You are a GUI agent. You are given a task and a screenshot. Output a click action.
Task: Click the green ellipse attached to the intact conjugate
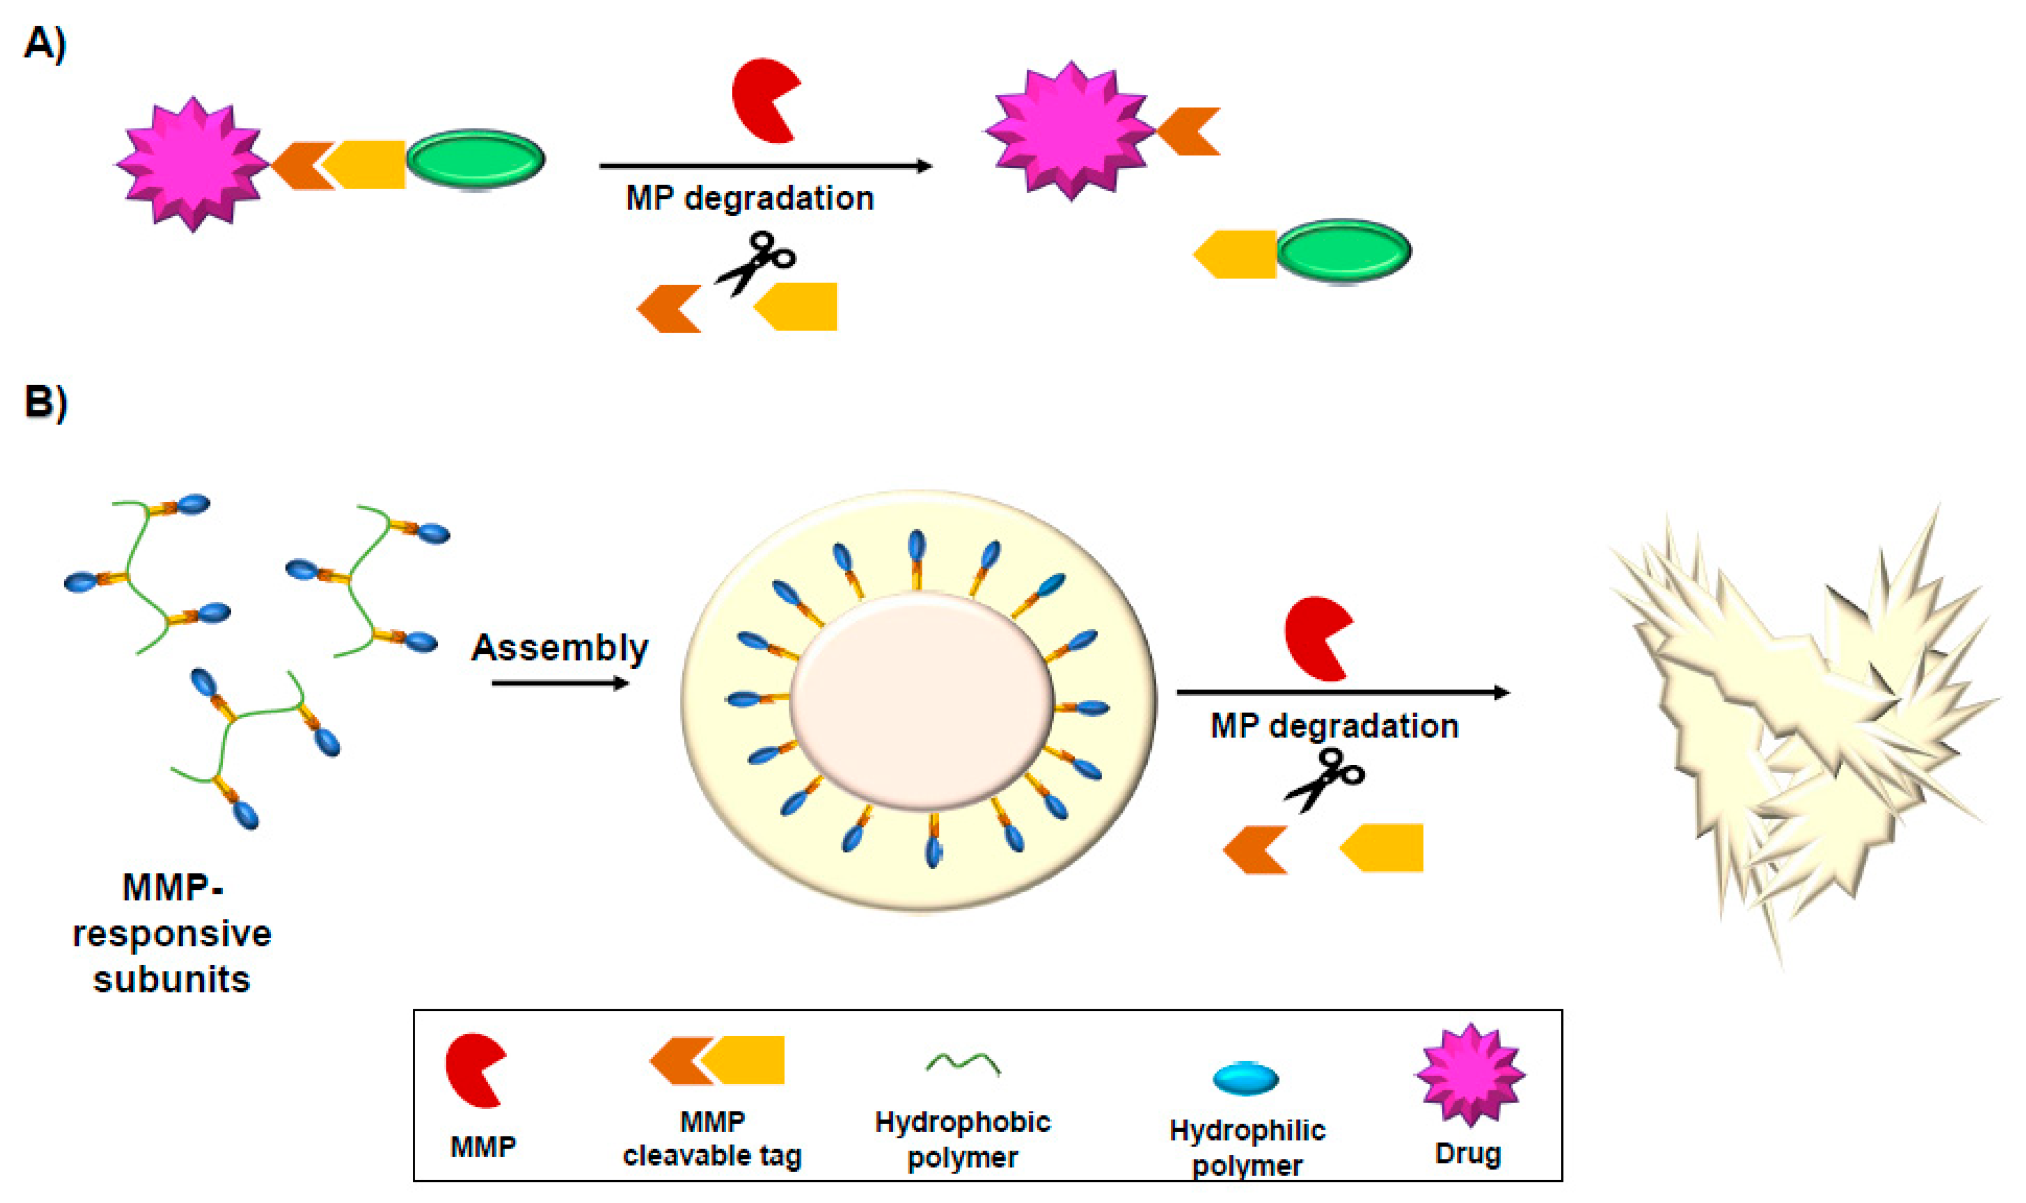475,159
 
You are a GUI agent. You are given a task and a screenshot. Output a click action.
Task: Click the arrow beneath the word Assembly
560,683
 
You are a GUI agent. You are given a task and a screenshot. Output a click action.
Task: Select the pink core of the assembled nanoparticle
921,701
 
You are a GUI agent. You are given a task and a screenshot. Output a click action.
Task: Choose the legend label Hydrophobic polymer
962,1139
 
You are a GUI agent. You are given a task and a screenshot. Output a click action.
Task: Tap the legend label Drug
1467,1153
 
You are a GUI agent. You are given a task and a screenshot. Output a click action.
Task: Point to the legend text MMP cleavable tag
712,1139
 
